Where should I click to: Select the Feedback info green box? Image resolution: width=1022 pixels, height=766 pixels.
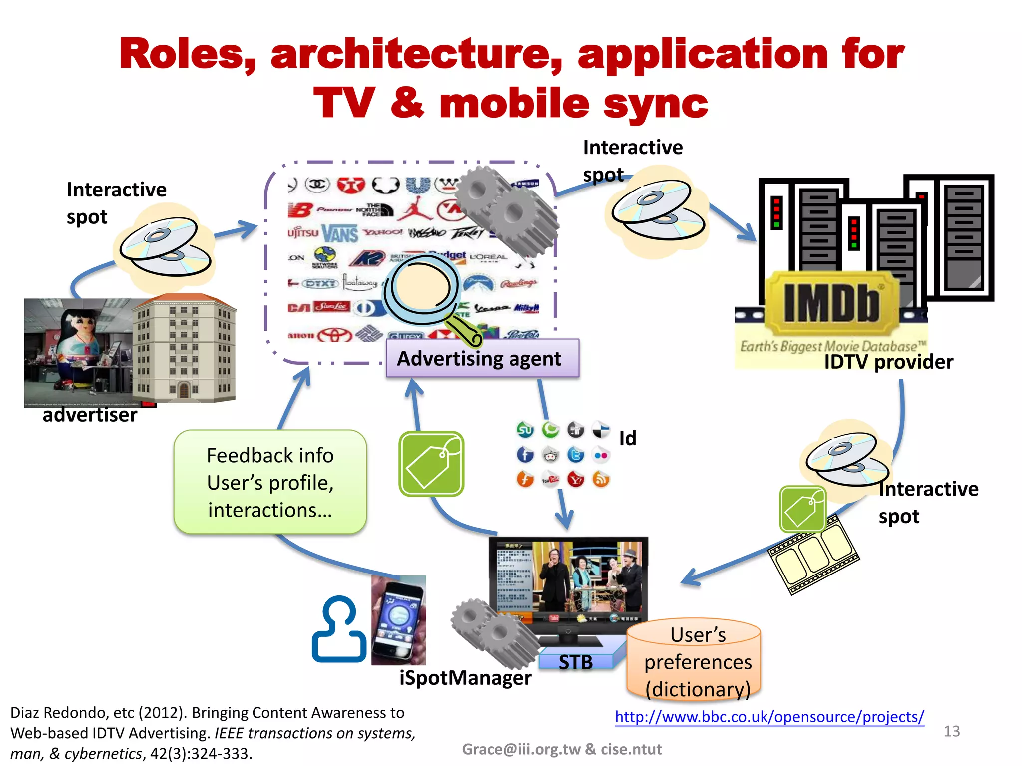tap(270, 482)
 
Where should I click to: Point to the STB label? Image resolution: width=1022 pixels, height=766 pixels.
tap(576, 662)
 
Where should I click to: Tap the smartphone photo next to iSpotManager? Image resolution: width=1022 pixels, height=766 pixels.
tap(399, 620)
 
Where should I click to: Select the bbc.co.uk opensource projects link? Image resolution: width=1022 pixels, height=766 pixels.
tap(769, 717)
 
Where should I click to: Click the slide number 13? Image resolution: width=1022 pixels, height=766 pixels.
tap(952, 731)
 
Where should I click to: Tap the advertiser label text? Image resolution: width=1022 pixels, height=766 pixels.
tap(90, 415)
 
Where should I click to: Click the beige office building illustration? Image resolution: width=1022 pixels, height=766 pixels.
tap(184, 349)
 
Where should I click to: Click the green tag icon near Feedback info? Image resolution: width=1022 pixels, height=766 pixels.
tap(431, 464)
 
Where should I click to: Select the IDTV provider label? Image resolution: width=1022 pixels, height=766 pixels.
tap(888, 362)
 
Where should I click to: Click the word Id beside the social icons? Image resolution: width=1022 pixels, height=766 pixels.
tap(628, 438)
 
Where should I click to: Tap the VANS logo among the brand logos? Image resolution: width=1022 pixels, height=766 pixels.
tap(340, 233)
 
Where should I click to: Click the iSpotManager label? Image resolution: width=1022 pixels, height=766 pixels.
tap(465, 678)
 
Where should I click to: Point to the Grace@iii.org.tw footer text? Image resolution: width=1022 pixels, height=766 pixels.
tap(561, 749)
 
